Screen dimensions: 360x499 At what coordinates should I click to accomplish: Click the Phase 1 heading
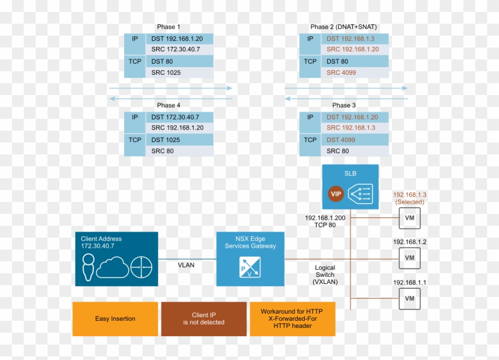[168, 27]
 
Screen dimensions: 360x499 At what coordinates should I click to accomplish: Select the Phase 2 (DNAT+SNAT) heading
[343, 27]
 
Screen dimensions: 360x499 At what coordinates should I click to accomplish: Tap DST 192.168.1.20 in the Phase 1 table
[177, 39]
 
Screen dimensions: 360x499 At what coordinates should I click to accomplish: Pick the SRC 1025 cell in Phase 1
[166, 72]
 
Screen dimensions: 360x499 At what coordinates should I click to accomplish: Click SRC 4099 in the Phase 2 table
[341, 72]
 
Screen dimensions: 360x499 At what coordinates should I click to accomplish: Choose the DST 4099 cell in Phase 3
[341, 140]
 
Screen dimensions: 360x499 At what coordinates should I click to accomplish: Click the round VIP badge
[336, 194]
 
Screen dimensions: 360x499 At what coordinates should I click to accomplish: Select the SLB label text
[350, 173]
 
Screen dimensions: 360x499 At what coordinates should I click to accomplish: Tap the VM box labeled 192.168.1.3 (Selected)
[409, 218]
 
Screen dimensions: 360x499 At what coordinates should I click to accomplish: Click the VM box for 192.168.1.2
[409, 258]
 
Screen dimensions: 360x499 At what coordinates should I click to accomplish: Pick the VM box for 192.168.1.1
[409, 298]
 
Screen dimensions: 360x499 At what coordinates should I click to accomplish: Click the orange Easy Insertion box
[115, 319]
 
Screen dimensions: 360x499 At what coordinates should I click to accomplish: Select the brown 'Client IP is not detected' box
[204, 319]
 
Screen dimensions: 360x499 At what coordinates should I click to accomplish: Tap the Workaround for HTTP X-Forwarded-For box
[293, 319]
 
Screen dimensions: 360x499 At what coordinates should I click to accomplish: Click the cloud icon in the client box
[112, 269]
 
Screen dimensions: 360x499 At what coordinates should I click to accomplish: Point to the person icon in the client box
[88, 268]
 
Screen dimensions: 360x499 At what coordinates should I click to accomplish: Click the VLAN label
[186, 265]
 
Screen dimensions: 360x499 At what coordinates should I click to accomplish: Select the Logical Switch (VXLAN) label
[325, 275]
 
